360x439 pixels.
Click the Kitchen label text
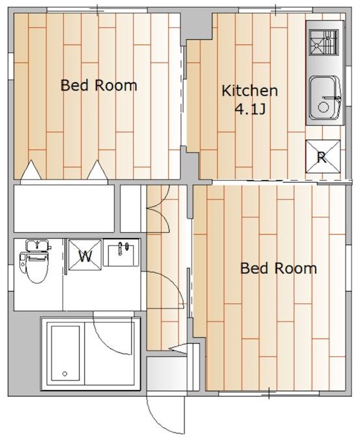coord(250,91)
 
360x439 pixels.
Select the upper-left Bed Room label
coord(98,85)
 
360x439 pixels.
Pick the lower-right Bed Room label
coord(278,268)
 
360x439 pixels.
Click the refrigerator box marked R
coord(322,157)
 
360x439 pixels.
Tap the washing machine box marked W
coord(85,256)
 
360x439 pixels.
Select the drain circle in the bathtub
coord(65,374)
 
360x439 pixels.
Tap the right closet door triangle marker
coord(97,170)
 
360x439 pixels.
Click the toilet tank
coord(37,246)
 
